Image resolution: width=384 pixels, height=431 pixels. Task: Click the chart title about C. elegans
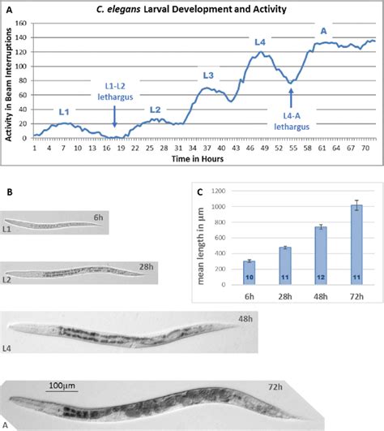192,10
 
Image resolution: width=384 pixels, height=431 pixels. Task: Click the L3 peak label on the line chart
208,75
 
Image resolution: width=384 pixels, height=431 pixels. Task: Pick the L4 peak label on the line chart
259,41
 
